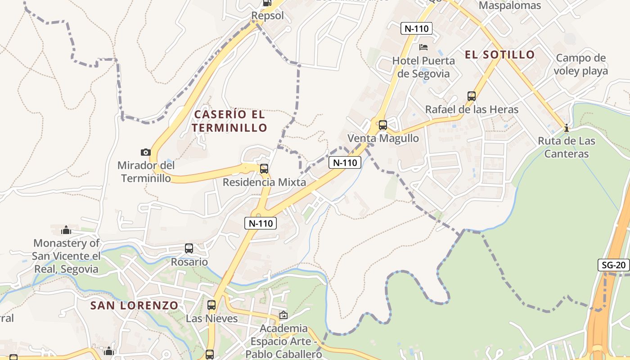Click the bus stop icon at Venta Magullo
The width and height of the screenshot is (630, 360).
pos(382,125)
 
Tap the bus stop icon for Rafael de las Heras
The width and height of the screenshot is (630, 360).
pos(471,96)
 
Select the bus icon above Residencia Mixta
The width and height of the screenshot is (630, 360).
pos(264,169)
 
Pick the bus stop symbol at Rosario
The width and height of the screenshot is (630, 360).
pos(189,248)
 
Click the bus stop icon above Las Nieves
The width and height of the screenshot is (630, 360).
pos(211,305)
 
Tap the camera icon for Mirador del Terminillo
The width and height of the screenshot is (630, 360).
pos(145,152)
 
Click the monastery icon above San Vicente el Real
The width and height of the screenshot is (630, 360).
pos(66,230)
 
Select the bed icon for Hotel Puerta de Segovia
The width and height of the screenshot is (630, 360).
pos(423,47)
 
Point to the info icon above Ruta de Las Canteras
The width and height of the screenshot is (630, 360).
pos(567,128)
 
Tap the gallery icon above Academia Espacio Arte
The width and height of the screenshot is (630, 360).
pos(283,315)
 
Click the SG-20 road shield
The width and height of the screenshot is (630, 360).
pos(614,265)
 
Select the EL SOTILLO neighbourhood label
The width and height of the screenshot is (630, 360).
pos(499,55)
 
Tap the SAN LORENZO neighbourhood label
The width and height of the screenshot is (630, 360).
pos(135,306)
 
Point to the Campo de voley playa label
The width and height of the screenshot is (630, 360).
pos(580,64)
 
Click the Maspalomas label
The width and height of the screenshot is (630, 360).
pos(509,6)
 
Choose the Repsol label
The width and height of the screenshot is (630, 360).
pos(267,16)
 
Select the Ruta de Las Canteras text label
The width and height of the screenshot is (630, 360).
pos(567,147)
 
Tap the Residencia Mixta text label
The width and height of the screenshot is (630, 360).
pos(264,182)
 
